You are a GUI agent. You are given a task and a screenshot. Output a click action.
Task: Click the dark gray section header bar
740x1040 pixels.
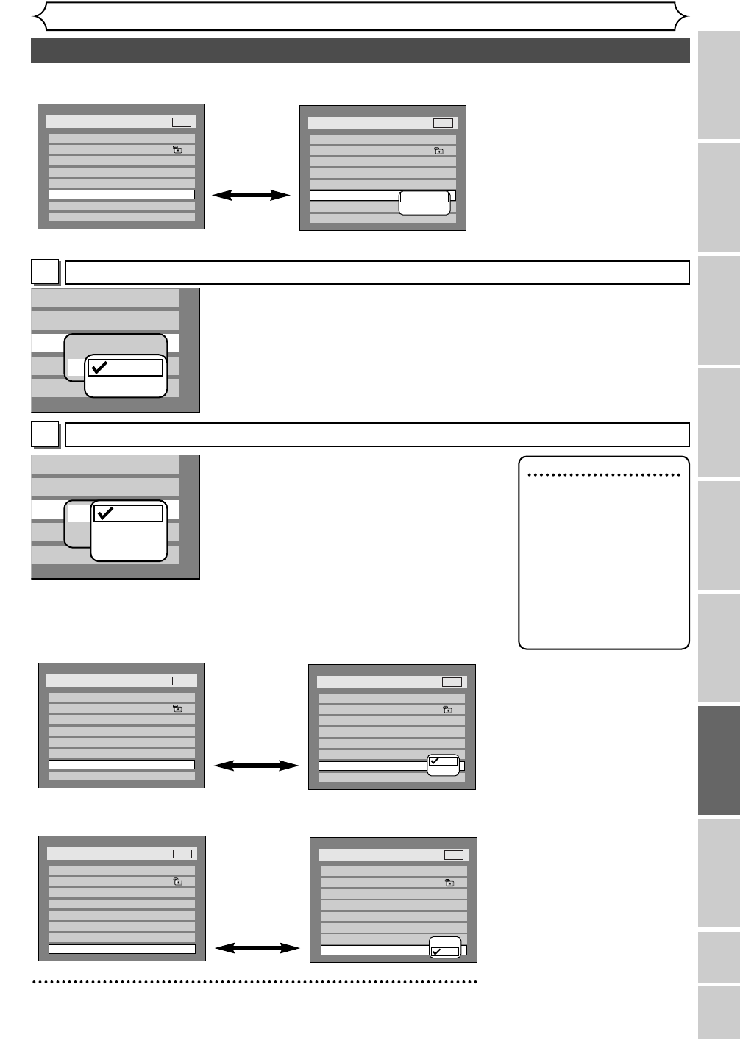click(360, 50)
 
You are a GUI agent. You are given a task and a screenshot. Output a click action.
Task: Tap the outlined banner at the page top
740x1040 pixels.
click(360, 16)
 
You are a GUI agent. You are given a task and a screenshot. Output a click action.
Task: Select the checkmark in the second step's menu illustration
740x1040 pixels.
click(105, 513)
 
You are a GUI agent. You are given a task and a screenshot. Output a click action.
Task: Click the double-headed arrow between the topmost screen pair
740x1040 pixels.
click(252, 195)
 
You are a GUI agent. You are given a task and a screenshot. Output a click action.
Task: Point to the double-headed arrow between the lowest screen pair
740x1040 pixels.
click(257, 949)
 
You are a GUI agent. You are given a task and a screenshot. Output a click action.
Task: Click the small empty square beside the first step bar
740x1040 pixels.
click(45, 272)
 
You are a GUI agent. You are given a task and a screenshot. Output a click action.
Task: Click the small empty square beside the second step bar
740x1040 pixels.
click(45, 434)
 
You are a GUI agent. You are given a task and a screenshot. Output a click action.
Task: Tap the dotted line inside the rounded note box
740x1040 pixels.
click(604, 475)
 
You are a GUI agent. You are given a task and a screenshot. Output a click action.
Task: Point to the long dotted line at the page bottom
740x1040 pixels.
click(255, 981)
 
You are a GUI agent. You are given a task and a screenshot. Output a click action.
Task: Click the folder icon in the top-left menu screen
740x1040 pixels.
click(177, 149)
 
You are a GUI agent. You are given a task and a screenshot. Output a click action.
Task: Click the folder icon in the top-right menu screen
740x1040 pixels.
click(438, 151)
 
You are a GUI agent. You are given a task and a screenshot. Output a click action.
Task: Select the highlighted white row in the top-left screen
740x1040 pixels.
click(121, 195)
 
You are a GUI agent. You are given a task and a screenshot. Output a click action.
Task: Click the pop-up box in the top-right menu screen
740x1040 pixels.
click(424, 203)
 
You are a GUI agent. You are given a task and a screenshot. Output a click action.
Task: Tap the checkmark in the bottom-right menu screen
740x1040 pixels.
click(437, 952)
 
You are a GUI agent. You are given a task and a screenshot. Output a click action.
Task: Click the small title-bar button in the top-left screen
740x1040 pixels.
click(182, 122)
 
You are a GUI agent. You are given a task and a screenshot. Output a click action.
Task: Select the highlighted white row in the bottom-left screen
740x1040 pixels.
click(122, 949)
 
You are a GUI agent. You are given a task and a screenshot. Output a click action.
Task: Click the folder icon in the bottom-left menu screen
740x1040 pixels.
click(178, 881)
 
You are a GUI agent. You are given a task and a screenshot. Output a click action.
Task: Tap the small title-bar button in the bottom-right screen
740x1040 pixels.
click(454, 855)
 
